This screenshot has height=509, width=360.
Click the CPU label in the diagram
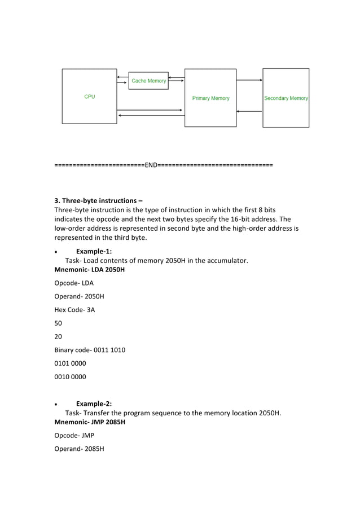[90, 96]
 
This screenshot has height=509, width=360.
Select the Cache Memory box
[148, 81]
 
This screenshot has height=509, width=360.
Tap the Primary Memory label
[210, 98]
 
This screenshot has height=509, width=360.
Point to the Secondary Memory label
[286, 98]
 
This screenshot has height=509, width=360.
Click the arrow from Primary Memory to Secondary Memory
[249, 80]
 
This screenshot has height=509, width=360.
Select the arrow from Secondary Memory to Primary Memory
[249, 111]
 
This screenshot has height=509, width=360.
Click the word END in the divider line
[151, 165]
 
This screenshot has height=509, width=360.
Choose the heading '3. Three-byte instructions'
[98, 200]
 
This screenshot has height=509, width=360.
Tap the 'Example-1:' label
[94, 251]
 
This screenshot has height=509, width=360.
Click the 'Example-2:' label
[94, 403]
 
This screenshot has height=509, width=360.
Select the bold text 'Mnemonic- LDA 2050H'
[89, 270]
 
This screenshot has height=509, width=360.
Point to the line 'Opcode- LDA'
[74, 283]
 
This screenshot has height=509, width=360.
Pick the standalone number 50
[58, 323]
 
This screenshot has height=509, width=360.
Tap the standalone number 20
[58, 336]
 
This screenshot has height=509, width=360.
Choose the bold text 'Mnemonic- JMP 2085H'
[89, 422]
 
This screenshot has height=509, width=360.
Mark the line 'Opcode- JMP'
[74, 435]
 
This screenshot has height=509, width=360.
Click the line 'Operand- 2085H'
[79, 449]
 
